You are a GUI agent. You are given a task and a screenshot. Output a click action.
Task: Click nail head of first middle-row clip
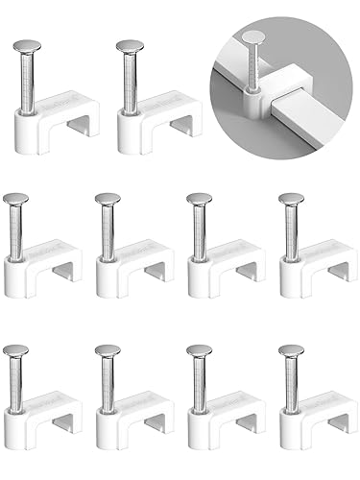click(17, 199)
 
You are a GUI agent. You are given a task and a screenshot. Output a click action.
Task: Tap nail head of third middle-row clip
click(200, 199)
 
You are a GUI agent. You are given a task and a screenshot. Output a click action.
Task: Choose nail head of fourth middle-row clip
click(291, 199)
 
